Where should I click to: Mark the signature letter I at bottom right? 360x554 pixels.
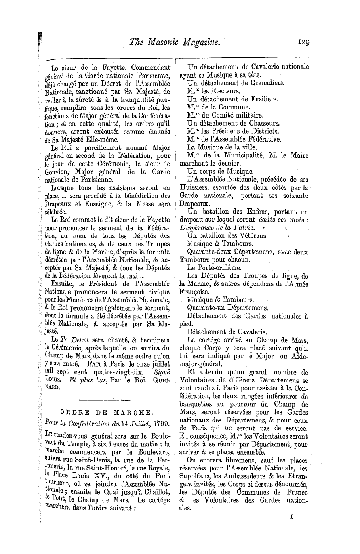point(291,527)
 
